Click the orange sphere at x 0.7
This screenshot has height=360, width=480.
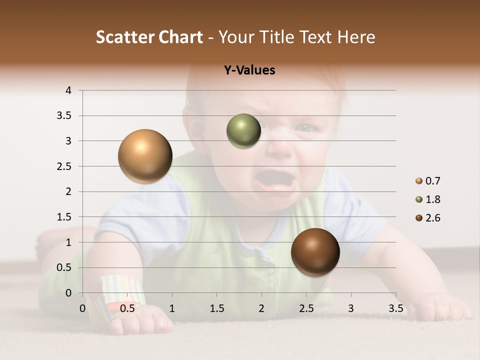(145, 156)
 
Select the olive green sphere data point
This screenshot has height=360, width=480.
(243, 131)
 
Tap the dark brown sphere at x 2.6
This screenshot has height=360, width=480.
(315, 252)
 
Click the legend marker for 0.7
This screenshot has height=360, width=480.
(419, 181)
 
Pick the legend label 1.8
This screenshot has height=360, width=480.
(432, 199)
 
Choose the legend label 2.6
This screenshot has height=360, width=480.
(432, 218)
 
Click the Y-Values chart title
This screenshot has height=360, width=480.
(249, 70)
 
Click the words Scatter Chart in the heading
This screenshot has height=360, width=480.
(149, 37)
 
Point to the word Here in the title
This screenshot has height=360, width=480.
(355, 37)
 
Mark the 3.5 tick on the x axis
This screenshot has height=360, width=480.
(395, 308)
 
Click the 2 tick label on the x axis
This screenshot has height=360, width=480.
(261, 308)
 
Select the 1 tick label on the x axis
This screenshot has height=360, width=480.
(172, 308)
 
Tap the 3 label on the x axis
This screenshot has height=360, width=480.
(351, 308)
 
